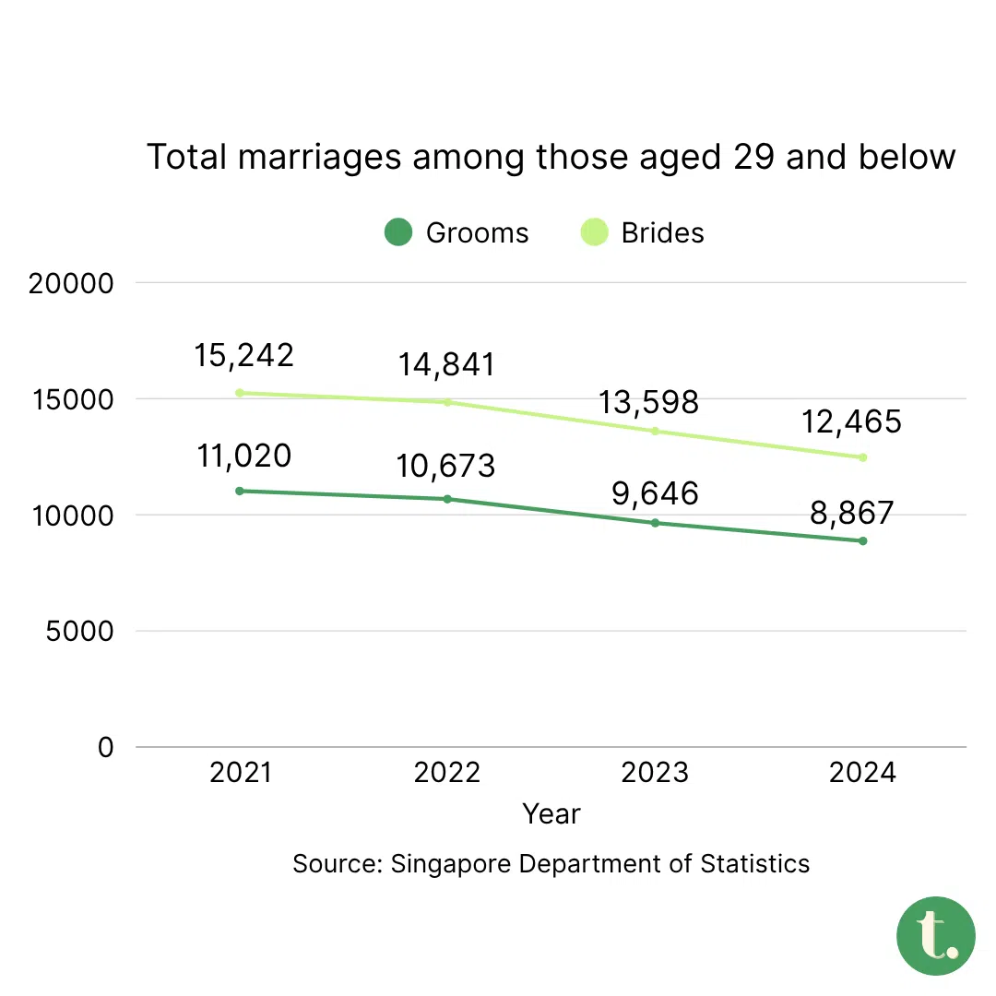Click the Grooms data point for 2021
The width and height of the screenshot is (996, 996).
click(x=240, y=491)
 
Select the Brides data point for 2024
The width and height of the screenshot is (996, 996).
click(x=863, y=457)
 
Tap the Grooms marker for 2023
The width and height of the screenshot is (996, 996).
click(x=656, y=523)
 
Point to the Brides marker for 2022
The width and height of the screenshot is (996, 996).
click(x=448, y=402)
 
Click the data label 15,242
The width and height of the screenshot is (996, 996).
click(x=243, y=355)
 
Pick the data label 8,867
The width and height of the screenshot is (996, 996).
click(x=853, y=513)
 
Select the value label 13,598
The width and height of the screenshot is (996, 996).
click(x=649, y=402)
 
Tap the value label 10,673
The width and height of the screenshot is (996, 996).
click(x=445, y=466)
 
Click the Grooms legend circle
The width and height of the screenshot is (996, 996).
click(x=397, y=232)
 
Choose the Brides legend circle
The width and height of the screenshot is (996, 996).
click(x=594, y=232)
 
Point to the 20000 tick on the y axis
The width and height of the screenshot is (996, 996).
click(x=71, y=284)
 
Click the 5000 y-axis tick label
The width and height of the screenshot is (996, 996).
click(x=78, y=633)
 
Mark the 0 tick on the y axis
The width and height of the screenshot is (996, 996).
click(x=106, y=748)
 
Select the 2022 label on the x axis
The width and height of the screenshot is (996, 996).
click(x=447, y=772)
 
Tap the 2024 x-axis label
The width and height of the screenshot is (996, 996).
click(x=862, y=772)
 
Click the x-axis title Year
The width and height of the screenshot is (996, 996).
click(x=551, y=813)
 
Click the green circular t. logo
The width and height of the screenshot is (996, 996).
click(x=935, y=936)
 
